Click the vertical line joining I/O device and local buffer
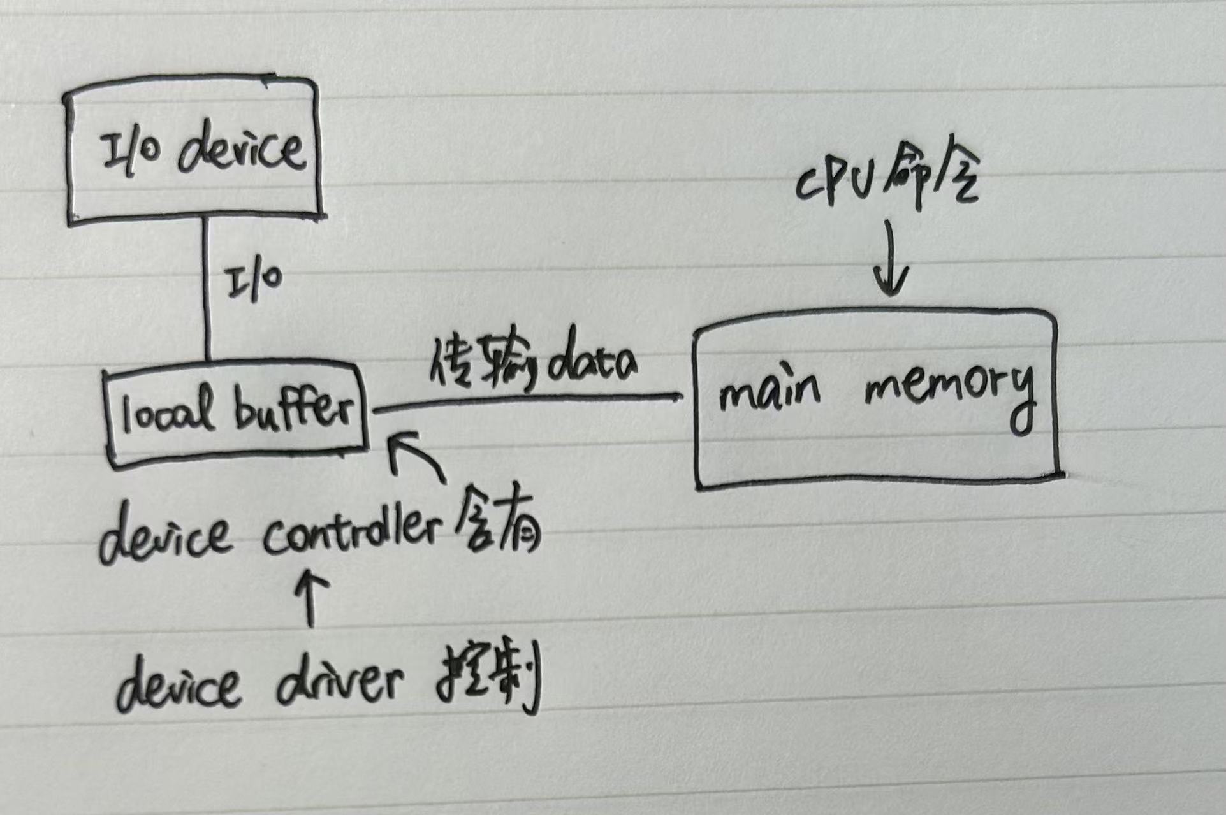click(x=206, y=290)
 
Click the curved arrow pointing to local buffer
click(x=414, y=456)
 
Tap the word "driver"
click(x=339, y=682)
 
